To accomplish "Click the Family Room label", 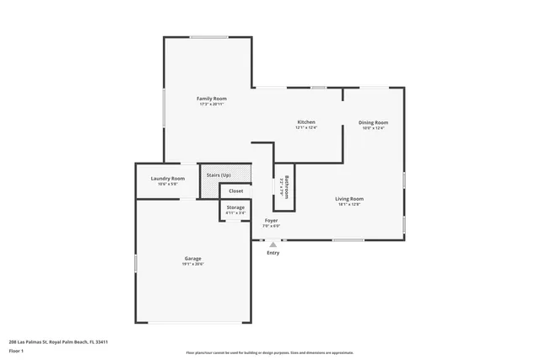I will [x=212, y=99].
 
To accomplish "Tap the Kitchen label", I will [x=306, y=122].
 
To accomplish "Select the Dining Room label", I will [x=373, y=122].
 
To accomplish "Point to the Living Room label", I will [x=349, y=198].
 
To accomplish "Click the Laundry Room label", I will [x=168, y=178].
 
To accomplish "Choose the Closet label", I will [x=235, y=191].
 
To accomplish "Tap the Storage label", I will [x=235, y=207].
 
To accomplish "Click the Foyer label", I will [x=271, y=220].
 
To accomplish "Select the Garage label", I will [x=193, y=258].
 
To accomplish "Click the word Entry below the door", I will [x=273, y=253].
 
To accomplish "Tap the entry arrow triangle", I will [x=273, y=244].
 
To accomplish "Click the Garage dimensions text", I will [x=193, y=264].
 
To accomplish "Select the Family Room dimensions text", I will [x=212, y=105].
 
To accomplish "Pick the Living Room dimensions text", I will [x=349, y=204].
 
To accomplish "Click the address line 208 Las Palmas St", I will [x=58, y=341].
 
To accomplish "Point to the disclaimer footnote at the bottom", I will [x=270, y=352].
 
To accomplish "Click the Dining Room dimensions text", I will [x=373, y=128].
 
